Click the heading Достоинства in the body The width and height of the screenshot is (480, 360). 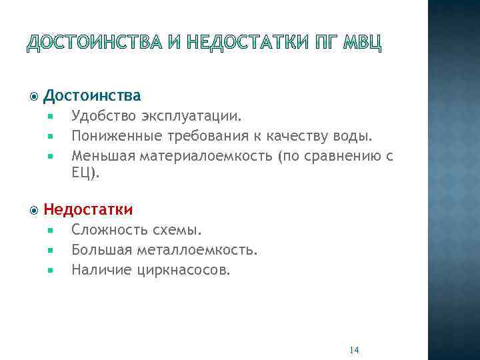tap(92, 96)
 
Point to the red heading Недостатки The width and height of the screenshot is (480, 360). tap(88, 209)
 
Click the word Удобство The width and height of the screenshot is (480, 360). tap(103, 117)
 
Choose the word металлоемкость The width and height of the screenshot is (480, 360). tap(197, 250)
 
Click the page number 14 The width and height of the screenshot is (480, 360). tap(354, 351)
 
